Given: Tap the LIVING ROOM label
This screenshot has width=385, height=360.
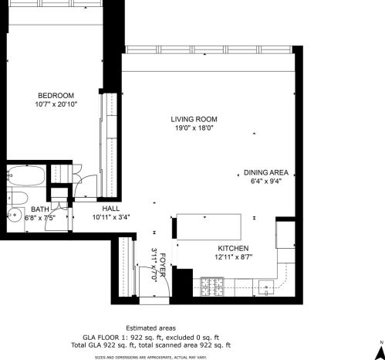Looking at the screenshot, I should pos(194,119).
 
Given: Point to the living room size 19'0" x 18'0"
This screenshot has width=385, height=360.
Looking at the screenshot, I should pos(194,128).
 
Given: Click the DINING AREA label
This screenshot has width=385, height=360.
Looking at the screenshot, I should pos(265,172).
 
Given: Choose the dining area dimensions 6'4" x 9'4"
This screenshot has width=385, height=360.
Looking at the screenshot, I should pos(265,182).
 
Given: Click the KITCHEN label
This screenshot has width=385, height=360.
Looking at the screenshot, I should pos(231,247).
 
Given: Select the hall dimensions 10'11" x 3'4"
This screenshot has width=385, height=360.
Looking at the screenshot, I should pos(112,217).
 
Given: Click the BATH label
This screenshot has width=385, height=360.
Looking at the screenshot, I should pos(39,209).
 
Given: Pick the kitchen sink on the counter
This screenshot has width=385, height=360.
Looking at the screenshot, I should pos(266,290).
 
